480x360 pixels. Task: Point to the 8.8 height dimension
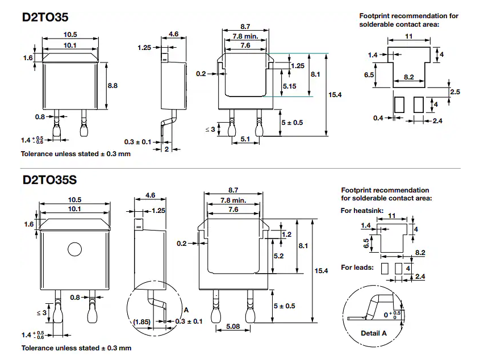(112, 86)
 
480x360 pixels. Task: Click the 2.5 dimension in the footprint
(455, 91)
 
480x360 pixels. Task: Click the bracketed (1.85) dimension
(143, 322)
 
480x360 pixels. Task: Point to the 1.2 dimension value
(286, 234)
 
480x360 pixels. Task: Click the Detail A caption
(373, 333)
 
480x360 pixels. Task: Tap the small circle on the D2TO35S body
(74, 249)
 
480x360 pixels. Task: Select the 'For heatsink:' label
(362, 211)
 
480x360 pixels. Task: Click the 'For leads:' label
(357, 267)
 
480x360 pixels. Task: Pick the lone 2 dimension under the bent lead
(167, 149)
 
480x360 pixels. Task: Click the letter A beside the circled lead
(186, 310)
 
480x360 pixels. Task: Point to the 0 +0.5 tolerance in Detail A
(393, 313)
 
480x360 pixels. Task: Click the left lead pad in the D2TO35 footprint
(399, 104)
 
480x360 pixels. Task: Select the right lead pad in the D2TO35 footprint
(419, 104)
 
